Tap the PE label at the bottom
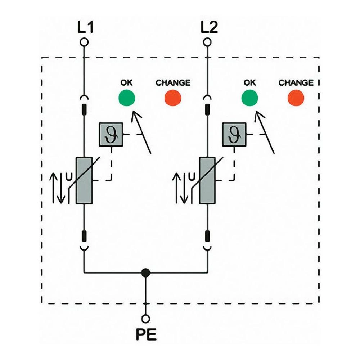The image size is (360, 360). (146, 334)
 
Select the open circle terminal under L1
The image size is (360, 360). (84, 42)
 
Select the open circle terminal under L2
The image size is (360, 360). (207, 42)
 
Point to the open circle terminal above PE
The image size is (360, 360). (146, 319)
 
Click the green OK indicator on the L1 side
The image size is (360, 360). (126, 97)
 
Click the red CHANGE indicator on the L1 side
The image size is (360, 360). (173, 98)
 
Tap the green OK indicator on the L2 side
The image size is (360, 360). (249, 97)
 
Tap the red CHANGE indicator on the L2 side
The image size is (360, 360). (296, 98)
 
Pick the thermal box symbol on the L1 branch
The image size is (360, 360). (111, 134)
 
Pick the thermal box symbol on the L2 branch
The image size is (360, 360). (234, 134)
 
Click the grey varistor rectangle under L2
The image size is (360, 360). (207, 180)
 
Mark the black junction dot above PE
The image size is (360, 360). (146, 273)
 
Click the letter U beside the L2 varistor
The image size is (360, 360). (192, 176)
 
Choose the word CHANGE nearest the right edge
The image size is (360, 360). (296, 83)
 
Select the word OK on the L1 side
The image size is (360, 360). (126, 83)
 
